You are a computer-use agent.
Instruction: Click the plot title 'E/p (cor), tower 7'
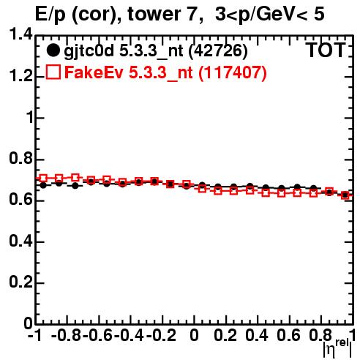116,15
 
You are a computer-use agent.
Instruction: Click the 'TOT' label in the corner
326,50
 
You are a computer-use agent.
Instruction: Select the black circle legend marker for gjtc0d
53,50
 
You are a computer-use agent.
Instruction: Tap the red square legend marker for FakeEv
53,72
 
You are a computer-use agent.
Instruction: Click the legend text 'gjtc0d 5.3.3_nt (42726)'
156,51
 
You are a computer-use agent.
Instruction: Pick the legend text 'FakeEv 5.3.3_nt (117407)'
165,73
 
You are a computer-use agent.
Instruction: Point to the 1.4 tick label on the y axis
20,34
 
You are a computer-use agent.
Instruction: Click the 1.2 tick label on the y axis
20,76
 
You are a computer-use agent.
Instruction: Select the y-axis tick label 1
29,118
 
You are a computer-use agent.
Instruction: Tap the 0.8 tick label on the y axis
20,159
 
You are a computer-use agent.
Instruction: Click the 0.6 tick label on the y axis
20,200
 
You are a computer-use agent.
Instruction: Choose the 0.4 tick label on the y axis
20,241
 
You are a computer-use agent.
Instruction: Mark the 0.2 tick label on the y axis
20,282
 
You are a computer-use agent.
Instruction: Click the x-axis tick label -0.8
66,336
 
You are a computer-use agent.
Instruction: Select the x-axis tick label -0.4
130,336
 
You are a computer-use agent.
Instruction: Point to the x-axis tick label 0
194,336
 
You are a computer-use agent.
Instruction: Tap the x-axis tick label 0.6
288,336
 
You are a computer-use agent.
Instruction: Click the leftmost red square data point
43,178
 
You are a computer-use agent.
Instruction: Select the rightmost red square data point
345,195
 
